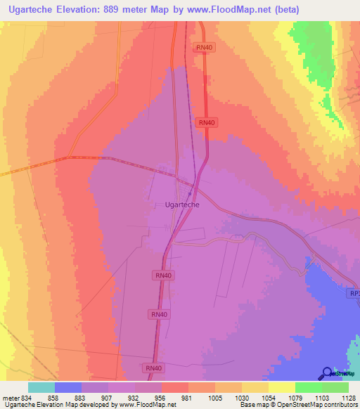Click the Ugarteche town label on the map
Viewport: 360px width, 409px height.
181,204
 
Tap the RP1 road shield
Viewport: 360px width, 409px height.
353,293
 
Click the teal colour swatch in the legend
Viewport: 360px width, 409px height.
41,387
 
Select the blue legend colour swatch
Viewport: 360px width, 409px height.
68,387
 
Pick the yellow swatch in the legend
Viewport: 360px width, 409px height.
282,387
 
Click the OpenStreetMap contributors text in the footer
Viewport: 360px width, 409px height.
316,405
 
